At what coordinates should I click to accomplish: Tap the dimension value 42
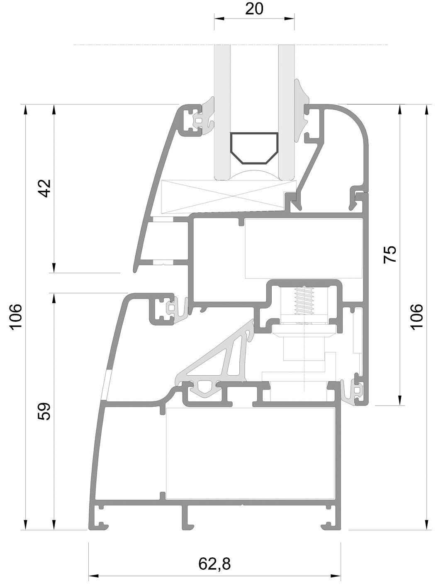point(45,188)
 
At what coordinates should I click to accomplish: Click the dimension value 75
point(390,254)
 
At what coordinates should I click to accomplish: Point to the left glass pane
point(222,112)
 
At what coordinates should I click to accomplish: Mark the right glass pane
point(286,112)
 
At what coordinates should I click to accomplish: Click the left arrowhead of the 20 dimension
point(219,19)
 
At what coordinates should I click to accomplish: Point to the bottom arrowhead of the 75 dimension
point(400,401)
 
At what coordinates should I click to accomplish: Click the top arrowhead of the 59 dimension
point(54,298)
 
